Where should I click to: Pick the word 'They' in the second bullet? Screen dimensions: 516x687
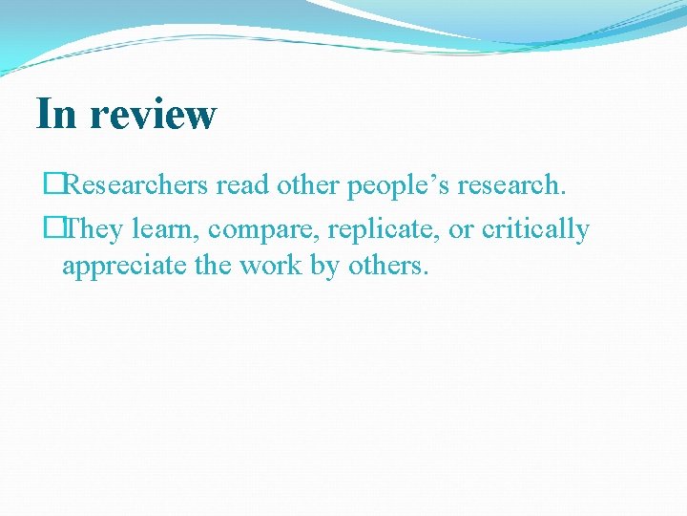pos(93,229)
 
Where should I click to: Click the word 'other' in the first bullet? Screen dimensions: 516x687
pos(307,185)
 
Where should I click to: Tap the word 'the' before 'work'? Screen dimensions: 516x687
pos(213,265)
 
